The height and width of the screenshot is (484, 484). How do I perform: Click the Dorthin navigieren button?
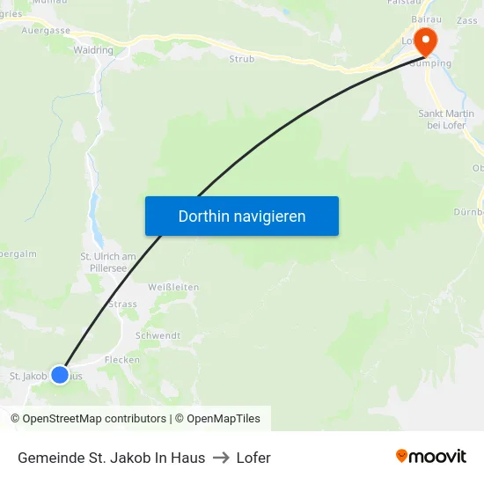tap(241, 216)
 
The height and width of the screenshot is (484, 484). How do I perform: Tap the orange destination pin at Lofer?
tap(425, 40)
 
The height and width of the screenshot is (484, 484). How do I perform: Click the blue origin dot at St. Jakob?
tap(60, 375)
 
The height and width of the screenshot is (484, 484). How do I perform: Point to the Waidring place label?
tap(93, 51)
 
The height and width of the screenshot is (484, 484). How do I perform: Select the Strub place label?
tap(241, 59)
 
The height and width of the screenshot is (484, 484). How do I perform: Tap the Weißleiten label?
tap(173, 287)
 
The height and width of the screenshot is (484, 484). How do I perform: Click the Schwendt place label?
tap(158, 335)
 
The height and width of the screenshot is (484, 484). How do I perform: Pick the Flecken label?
tap(122, 360)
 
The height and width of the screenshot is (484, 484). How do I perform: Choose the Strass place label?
tap(122, 304)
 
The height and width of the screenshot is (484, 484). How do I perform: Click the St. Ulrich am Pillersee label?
tap(108, 262)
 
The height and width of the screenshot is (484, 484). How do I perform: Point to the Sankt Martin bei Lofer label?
tap(444, 120)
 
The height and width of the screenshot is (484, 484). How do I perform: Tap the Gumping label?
tap(434, 63)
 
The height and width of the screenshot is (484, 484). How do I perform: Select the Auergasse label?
tap(46, 30)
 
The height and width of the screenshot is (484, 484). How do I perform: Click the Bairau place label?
tap(426, 18)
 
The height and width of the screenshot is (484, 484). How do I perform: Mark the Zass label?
tap(467, 21)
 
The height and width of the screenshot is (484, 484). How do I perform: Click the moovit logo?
tap(430, 457)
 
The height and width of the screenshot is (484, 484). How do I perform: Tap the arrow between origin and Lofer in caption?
tap(220, 458)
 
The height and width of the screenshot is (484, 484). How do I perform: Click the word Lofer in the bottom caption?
tap(253, 458)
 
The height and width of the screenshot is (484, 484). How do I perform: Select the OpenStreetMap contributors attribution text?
tap(94, 419)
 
